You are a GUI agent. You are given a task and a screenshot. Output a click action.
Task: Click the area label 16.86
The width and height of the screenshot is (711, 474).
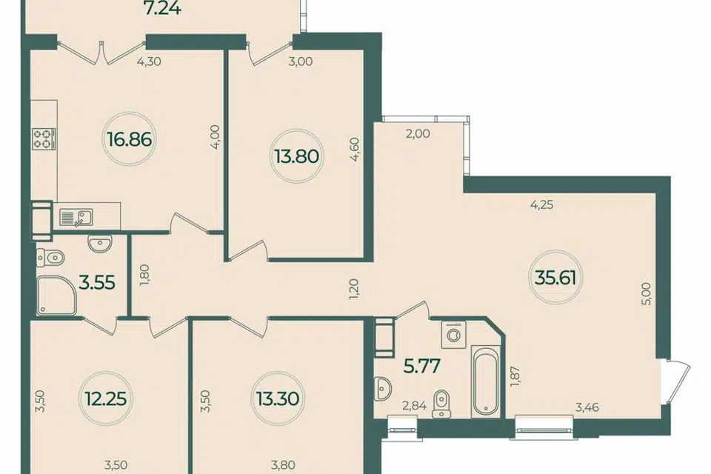tap(130, 139)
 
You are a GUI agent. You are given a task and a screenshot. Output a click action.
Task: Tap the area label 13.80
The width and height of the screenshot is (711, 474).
tap(296, 156)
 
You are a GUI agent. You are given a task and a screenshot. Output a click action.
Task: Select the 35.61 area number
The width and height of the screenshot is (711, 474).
tap(555, 277)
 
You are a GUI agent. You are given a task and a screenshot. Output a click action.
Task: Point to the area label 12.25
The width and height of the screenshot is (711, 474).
tap(106, 399)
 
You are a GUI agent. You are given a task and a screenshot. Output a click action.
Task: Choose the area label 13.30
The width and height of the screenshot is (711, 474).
tap(277, 399)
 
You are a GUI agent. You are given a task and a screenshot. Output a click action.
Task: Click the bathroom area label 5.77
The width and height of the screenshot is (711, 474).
tap(421, 366)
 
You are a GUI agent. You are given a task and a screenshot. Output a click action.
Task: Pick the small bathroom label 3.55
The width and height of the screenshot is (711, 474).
tap(96, 283)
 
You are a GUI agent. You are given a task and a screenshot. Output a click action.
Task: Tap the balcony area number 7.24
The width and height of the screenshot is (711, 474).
tap(163, 7)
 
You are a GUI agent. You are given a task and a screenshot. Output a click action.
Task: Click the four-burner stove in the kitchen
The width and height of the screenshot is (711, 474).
tap(44, 138)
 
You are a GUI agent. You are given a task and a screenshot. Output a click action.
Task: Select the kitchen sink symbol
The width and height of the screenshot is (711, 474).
tap(76, 217)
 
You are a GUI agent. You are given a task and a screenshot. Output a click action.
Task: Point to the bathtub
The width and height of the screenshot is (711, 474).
tap(485, 381)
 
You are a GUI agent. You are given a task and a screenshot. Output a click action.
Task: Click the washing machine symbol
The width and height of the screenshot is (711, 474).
tap(453, 335)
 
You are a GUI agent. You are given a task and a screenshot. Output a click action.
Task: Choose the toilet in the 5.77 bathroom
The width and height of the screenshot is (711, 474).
tap(440, 404)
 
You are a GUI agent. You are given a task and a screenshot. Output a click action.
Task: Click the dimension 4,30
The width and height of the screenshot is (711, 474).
tap(149, 61)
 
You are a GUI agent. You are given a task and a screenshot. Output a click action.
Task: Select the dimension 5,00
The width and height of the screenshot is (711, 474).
tap(647, 293)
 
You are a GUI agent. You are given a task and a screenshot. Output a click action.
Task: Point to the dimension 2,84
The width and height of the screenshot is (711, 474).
tap(415, 406)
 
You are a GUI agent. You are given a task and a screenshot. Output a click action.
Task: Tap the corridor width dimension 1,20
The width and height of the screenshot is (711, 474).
tap(355, 290)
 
